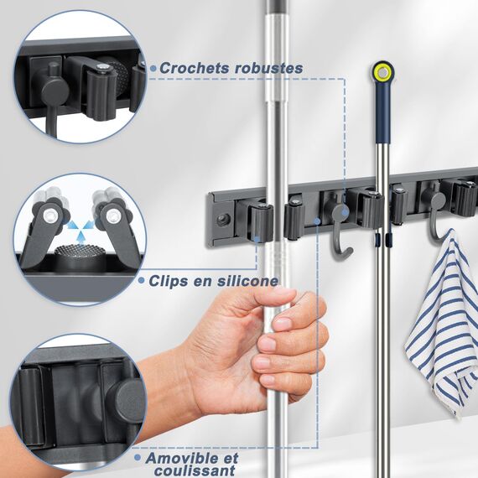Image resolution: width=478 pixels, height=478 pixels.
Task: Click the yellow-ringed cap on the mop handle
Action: pyautogui.click(x=383, y=73)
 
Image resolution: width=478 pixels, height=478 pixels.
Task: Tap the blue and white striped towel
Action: pyautogui.click(x=442, y=322)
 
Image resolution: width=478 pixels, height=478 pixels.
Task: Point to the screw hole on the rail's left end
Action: pyautogui.click(x=222, y=220)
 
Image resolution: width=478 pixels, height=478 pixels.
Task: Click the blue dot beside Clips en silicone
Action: pyautogui.click(x=144, y=282)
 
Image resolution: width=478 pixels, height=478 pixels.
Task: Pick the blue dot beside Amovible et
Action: pyautogui.click(x=137, y=459)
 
